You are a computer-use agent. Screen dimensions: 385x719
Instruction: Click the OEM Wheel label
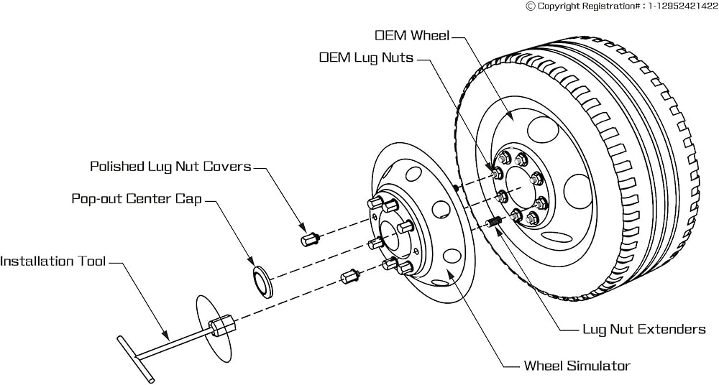(x=412, y=35)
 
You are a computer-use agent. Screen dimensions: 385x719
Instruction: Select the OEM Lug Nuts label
(x=366, y=57)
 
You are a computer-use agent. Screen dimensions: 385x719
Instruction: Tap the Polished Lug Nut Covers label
(x=170, y=167)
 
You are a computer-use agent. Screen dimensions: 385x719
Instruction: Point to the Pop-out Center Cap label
(x=137, y=198)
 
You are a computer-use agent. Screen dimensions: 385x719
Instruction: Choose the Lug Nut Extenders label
(x=644, y=329)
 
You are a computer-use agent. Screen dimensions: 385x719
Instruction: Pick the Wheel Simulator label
(x=577, y=366)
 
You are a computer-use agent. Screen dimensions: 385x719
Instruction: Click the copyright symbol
(x=531, y=6)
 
